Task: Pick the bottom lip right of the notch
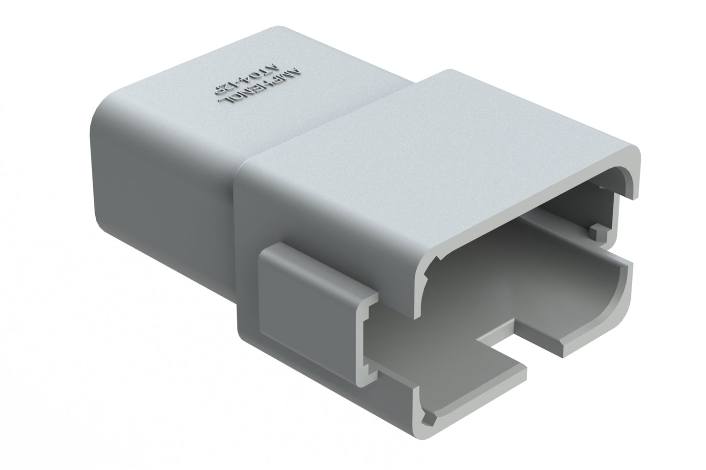pos(586,337)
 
